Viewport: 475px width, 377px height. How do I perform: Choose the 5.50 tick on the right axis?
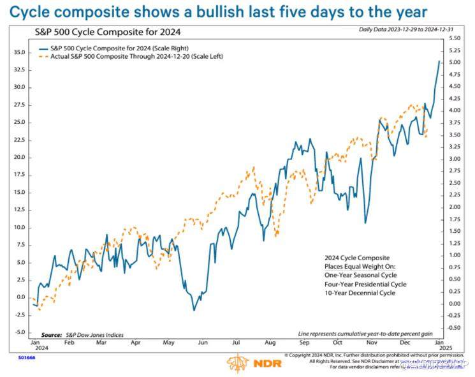coord(454,38)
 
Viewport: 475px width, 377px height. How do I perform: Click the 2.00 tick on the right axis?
coord(454,207)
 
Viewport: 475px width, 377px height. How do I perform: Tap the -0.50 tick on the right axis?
coord(454,328)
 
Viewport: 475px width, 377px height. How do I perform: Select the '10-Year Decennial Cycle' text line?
coord(359,293)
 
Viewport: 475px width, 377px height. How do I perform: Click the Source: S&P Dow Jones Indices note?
coord(82,335)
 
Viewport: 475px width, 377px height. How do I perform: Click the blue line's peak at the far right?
coord(439,61)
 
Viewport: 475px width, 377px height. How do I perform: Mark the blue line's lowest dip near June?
coord(194,310)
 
